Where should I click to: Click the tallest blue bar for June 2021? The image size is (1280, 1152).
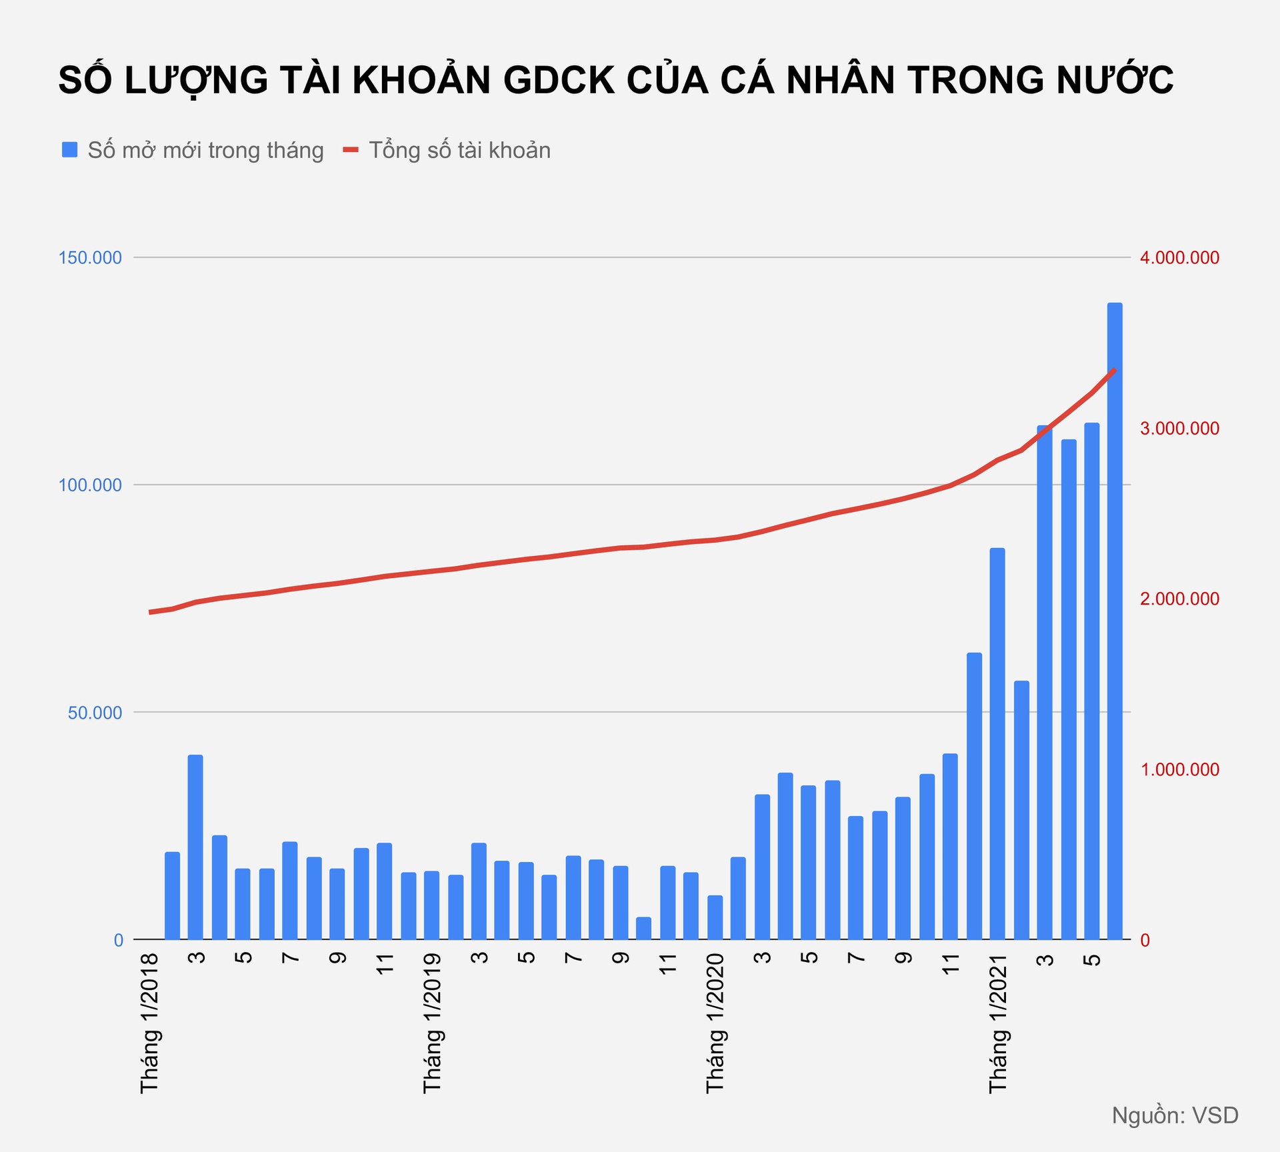pyautogui.click(x=1115, y=620)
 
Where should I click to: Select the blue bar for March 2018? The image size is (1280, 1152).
pyautogui.click(x=195, y=847)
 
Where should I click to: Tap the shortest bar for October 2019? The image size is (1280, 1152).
pyautogui.click(x=643, y=928)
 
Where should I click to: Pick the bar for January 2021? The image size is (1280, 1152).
pyautogui.click(x=997, y=743)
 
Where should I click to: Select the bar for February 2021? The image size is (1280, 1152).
pyautogui.click(x=1021, y=810)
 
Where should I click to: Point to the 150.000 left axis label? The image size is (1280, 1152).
pyautogui.click(x=91, y=257)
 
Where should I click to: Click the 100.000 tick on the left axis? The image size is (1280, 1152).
pyautogui.click(x=91, y=485)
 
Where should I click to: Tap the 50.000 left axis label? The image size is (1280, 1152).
pyautogui.click(x=95, y=712)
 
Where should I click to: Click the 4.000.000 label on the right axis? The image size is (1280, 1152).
pyautogui.click(x=1179, y=257)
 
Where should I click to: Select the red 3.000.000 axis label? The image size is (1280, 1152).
pyautogui.click(x=1179, y=428)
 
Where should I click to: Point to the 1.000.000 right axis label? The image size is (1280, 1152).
pyautogui.click(x=1179, y=769)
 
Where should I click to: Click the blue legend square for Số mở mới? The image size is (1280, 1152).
pyautogui.click(x=70, y=150)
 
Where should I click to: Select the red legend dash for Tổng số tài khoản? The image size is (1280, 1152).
pyautogui.click(x=351, y=150)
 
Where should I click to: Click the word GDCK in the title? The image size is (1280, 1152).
pyautogui.click(x=558, y=80)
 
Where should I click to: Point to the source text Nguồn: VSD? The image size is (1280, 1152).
pyautogui.click(x=1175, y=1115)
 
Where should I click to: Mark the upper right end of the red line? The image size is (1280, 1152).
pyautogui.click(x=1115, y=369)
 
